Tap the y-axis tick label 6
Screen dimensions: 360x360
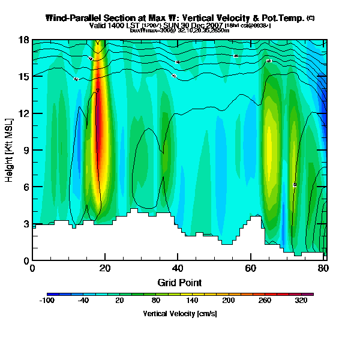[26, 187]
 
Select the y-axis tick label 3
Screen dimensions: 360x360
[26, 224]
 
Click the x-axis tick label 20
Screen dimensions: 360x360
[106, 268]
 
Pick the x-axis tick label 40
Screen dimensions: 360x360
[178, 268]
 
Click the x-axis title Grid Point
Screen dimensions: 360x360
[178, 282]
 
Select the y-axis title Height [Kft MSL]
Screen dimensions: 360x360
[10, 150]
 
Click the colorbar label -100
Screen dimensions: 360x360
[47, 301]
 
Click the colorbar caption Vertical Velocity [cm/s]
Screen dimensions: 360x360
[179, 314]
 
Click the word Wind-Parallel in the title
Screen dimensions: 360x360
[74, 18]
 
